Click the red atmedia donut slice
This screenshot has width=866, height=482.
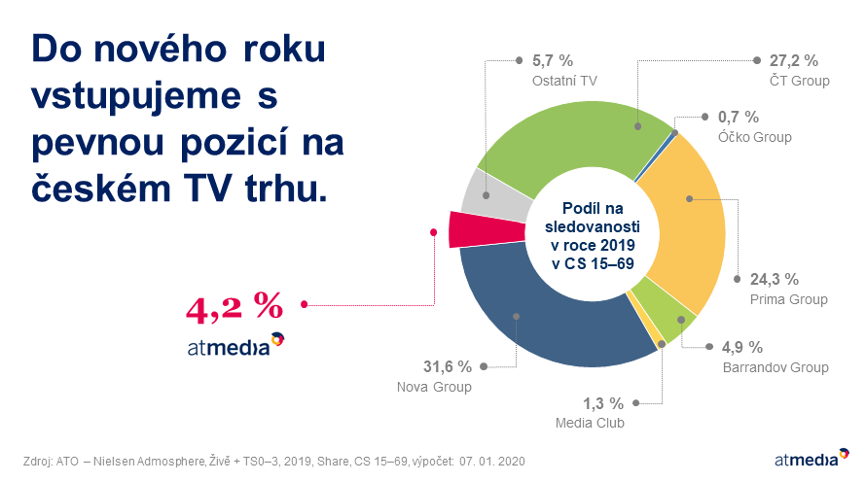pyautogui.click(x=486, y=229)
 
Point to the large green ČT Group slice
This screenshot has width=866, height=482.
pyautogui.click(x=574, y=138)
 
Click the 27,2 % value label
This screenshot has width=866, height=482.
pyautogui.click(x=794, y=60)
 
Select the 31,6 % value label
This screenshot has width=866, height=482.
pyautogui.click(x=448, y=366)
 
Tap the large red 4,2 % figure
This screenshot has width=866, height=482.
pyautogui.click(x=235, y=307)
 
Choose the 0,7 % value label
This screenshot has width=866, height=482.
pyautogui.click(x=739, y=117)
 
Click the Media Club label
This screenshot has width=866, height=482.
pyautogui.click(x=590, y=423)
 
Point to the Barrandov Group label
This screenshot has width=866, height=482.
pyautogui.click(x=776, y=367)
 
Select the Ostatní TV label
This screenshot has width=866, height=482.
pyautogui.click(x=564, y=81)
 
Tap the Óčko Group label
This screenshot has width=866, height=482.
pyautogui.click(x=754, y=137)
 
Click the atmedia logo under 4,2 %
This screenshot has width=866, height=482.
pyautogui.click(x=235, y=345)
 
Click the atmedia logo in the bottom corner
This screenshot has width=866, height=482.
pyautogui.click(x=812, y=458)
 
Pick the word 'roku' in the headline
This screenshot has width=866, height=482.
pyautogui.click(x=284, y=49)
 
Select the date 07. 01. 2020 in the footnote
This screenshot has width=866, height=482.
pyautogui.click(x=492, y=461)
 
